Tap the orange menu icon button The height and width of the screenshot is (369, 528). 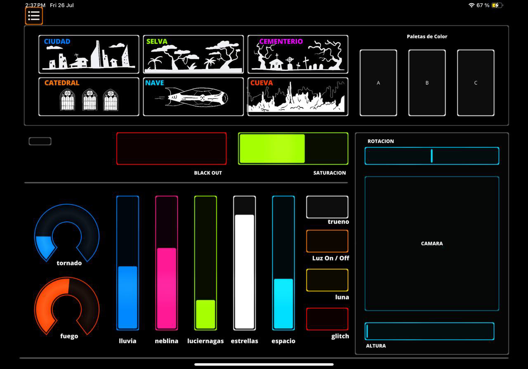[x=34, y=16]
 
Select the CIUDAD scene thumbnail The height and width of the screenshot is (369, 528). [x=89, y=54]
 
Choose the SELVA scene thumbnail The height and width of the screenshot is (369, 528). [x=193, y=54]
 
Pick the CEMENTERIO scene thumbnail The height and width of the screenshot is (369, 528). [x=297, y=54]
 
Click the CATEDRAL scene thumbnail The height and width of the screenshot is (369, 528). [x=89, y=97]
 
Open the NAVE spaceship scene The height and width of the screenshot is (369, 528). [x=193, y=97]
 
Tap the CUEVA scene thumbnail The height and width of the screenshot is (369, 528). [x=297, y=97]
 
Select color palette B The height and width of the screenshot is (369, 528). [x=427, y=83]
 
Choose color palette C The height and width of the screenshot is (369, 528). [x=476, y=83]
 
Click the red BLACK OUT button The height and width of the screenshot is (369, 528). [x=171, y=149]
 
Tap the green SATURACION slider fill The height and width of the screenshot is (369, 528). [x=272, y=149]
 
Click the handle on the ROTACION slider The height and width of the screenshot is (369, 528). [x=431, y=156]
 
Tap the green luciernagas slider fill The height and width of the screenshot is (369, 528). [x=205, y=314]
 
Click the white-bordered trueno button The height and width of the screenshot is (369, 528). [x=327, y=207]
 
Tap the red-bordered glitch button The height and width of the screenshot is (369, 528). [x=327, y=319]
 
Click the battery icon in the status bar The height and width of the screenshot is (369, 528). [x=497, y=5]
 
